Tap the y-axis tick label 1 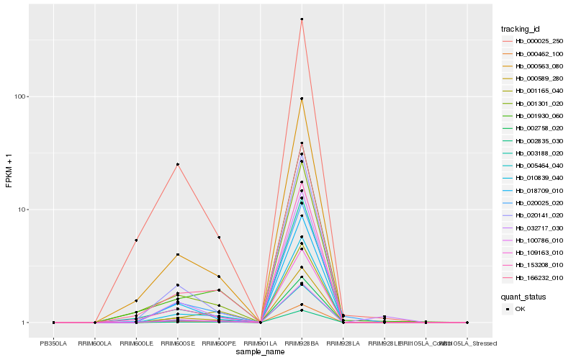pyautogui.click(x=26, y=323)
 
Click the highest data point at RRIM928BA pyautogui.click(x=302, y=19)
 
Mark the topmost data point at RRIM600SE pyautogui.click(x=177, y=164)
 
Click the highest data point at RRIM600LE pyautogui.click(x=136, y=240)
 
